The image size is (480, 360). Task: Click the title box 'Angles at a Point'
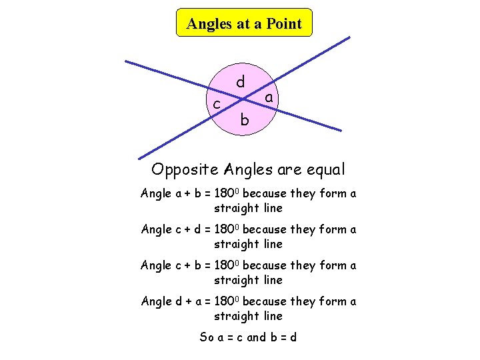click(244, 23)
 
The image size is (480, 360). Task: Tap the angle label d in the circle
click(241, 81)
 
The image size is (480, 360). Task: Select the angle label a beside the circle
click(269, 98)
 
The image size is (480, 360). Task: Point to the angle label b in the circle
click(245, 120)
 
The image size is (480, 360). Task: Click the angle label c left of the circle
click(217, 104)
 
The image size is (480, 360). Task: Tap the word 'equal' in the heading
click(325, 169)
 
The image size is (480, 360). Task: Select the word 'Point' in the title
click(283, 24)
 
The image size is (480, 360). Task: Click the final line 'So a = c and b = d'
click(249, 337)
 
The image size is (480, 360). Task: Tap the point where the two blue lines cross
click(243, 100)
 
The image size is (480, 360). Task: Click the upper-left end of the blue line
click(127, 62)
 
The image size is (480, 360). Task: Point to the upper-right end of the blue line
click(349, 37)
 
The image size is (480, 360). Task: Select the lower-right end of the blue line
click(341, 130)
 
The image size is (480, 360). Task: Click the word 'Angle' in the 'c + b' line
click(156, 265)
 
